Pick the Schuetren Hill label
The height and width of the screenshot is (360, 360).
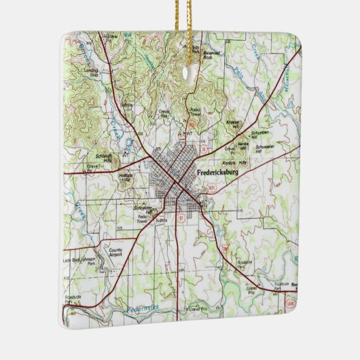click(x=259, y=134)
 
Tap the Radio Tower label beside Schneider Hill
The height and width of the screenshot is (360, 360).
click(x=142, y=219)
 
